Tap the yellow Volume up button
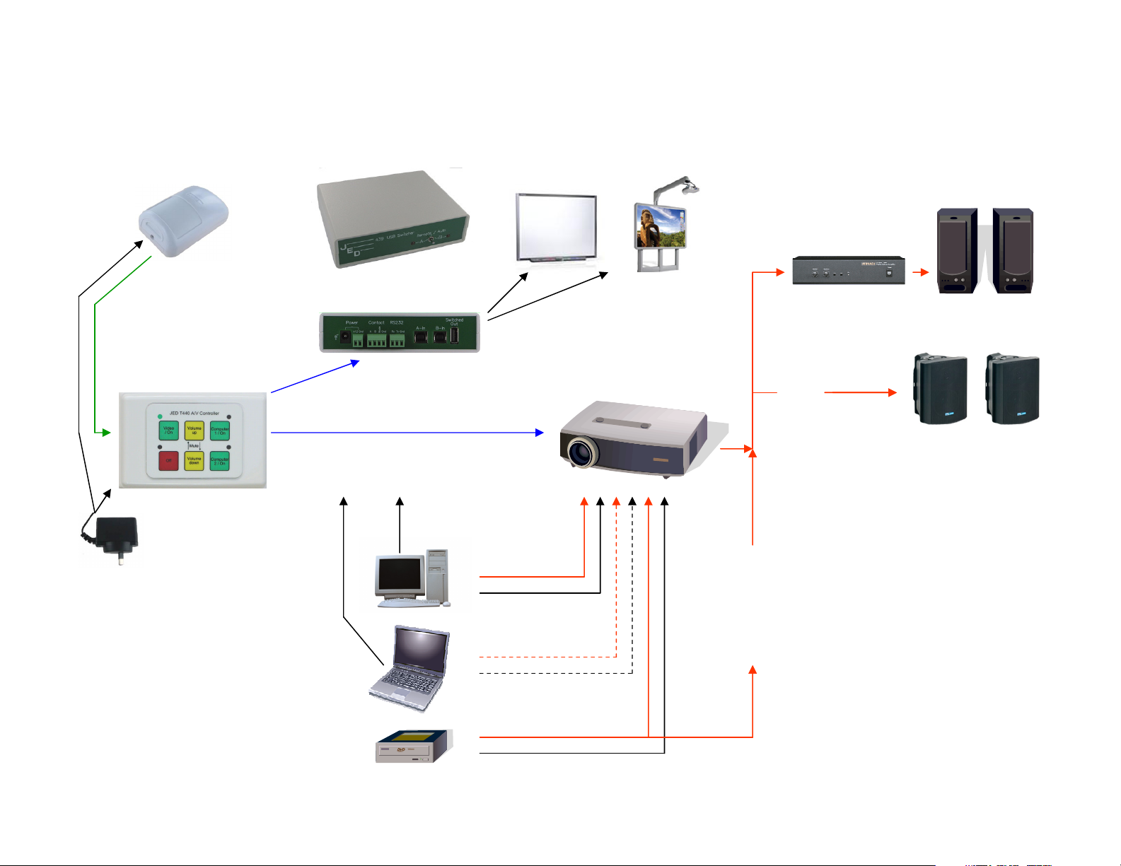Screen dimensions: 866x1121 coord(194,431)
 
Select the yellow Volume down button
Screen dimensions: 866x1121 coord(194,461)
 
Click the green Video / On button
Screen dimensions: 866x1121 coord(169,431)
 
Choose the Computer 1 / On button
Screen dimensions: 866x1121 coord(220,431)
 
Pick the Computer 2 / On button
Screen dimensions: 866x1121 coord(220,461)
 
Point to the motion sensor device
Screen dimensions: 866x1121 coord(185,221)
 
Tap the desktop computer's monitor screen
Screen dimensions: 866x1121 coord(400,574)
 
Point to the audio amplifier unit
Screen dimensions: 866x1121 coord(848,271)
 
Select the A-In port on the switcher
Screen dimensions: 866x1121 coord(420,338)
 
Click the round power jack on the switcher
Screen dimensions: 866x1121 coord(344,338)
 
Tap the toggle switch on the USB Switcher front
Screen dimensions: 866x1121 coord(429,240)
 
